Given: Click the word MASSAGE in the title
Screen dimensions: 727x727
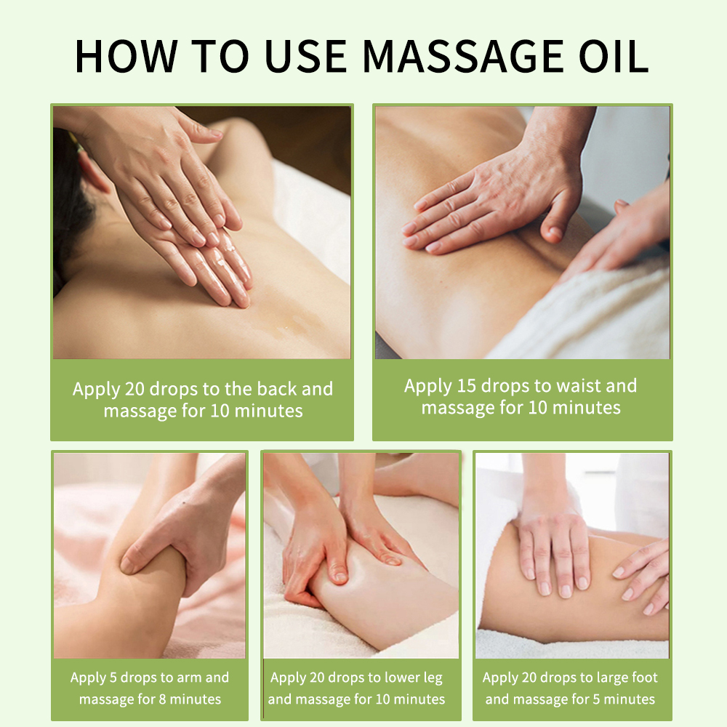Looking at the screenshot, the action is click(x=462, y=56).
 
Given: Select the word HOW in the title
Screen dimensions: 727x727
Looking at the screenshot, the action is click(x=126, y=56).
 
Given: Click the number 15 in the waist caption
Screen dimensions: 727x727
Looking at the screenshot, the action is click(x=467, y=386).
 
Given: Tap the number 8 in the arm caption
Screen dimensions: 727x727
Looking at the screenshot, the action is click(x=162, y=699).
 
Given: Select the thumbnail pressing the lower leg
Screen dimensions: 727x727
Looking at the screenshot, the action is click(x=341, y=577).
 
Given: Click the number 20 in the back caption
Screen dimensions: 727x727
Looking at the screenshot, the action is click(x=134, y=389).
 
